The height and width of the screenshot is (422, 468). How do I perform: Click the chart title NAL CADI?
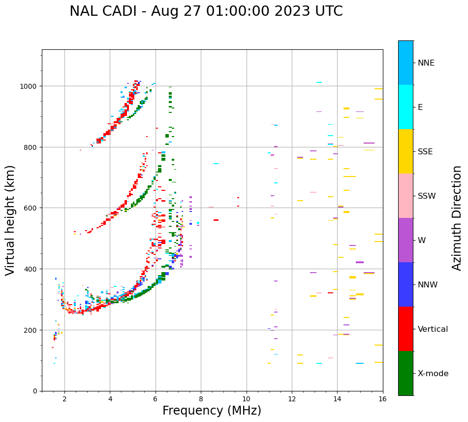coord(206,11)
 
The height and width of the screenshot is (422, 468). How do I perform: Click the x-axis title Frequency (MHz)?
coord(212,411)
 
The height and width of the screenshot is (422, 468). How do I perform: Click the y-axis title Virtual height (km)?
coord(10,220)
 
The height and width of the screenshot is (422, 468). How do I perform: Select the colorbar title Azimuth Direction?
coord(457,218)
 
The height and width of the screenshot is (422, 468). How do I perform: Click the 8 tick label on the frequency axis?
coord(201,399)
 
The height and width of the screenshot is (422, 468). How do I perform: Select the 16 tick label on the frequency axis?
coord(382,399)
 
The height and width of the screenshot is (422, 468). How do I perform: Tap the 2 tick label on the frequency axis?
coord(64,399)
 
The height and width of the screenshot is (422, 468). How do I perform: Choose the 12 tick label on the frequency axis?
coord(292,399)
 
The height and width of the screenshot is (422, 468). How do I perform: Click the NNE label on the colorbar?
coord(426,63)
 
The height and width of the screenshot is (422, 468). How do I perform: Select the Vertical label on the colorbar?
coord(433,329)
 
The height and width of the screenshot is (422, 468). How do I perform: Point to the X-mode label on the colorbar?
coord(433,373)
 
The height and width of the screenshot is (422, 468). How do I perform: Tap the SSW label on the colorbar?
coord(427,196)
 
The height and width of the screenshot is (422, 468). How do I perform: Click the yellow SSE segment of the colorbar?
coord(406,151)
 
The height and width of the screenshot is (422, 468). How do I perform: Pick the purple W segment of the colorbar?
coord(406,240)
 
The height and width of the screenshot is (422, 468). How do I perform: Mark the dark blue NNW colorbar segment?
coord(406,284)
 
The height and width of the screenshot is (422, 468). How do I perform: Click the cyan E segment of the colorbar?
coord(406,107)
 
